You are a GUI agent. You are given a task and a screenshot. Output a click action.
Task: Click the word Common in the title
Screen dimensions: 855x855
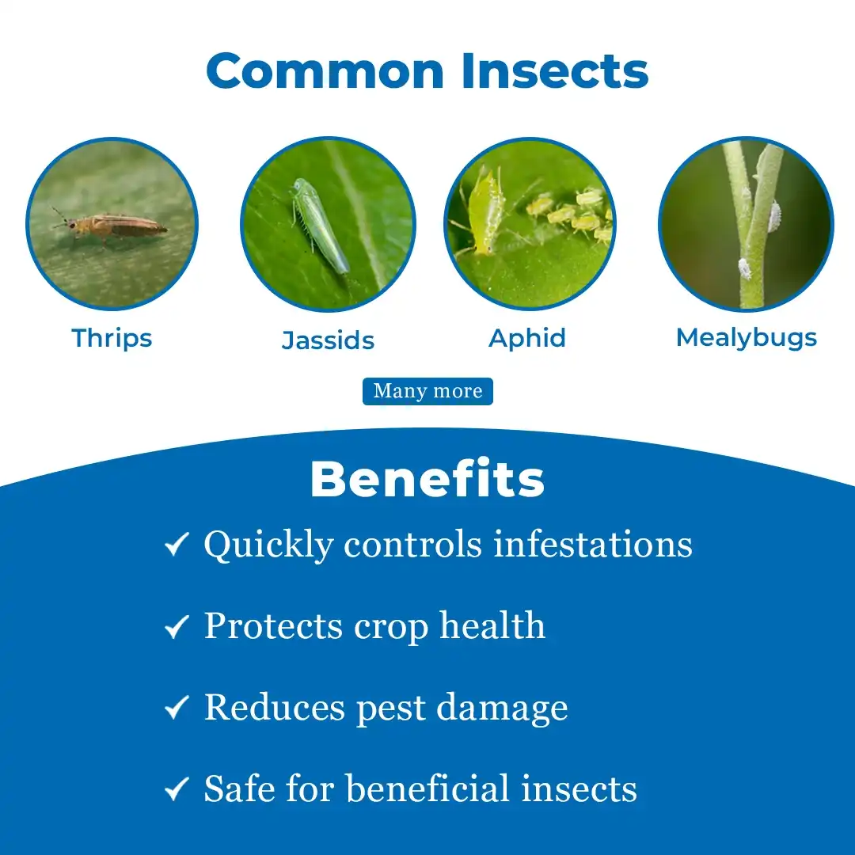tap(325, 71)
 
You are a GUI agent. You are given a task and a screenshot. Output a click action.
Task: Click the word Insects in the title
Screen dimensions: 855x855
tap(554, 71)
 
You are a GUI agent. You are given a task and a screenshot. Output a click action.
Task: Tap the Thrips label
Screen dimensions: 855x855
tap(112, 339)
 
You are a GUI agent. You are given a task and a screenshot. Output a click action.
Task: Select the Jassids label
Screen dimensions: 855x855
tap(329, 340)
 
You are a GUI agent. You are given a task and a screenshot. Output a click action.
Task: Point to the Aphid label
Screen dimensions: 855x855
tap(527, 339)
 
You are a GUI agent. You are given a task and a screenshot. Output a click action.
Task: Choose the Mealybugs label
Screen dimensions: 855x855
tap(747, 338)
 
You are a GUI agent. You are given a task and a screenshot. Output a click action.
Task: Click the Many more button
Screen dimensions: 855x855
tap(427, 391)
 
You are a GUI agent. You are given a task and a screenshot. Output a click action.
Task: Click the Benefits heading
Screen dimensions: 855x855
tap(427, 479)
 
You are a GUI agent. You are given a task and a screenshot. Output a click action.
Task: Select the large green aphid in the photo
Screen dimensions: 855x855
tap(484, 213)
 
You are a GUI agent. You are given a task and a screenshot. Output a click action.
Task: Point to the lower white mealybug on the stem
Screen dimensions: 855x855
tap(744, 268)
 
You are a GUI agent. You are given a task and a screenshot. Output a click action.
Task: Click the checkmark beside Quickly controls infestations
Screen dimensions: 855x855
tap(177, 544)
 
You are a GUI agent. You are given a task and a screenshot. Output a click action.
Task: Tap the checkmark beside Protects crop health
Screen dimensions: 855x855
tap(177, 626)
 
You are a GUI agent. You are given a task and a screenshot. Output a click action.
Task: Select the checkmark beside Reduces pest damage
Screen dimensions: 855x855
tap(177, 707)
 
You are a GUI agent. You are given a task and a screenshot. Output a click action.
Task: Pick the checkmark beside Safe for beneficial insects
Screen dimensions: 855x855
tap(177, 788)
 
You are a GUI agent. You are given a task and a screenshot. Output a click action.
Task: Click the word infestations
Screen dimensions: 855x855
tap(593, 544)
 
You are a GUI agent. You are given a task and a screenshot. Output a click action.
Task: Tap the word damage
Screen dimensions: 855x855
tap(502, 709)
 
